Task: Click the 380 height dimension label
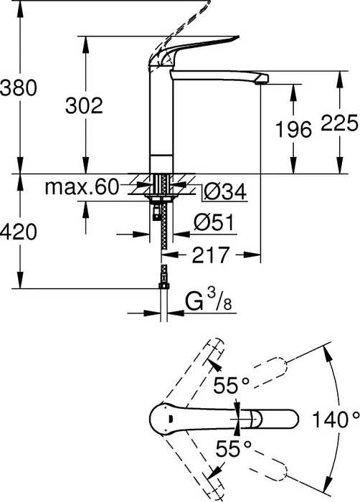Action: click(x=19, y=87)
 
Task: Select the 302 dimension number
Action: click(x=84, y=105)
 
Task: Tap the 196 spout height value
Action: click(x=294, y=130)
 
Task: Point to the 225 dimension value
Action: click(x=339, y=123)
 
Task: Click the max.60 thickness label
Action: click(x=82, y=187)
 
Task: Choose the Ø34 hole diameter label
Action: click(x=225, y=191)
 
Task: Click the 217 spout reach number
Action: click(x=210, y=255)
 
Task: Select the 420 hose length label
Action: click(x=19, y=232)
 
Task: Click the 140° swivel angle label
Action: click(x=336, y=420)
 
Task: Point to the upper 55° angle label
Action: click(x=231, y=385)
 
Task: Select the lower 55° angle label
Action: click(x=233, y=448)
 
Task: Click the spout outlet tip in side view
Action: click(x=262, y=82)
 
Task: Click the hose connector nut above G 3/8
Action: click(x=164, y=286)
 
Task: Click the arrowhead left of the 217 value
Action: click(x=169, y=255)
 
